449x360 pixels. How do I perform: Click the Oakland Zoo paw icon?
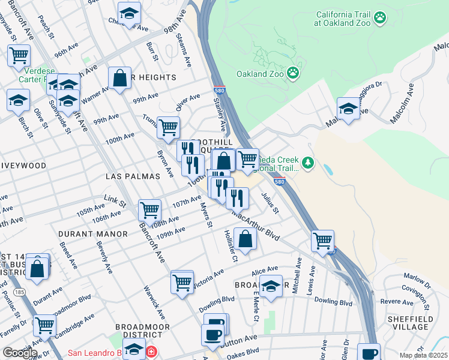293,74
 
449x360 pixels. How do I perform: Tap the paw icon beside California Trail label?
379,19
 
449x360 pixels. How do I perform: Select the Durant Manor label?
93,233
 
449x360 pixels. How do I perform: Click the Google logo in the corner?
20,353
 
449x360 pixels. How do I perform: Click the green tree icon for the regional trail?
308,163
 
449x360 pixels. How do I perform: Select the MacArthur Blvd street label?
256,225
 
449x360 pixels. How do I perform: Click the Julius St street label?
271,202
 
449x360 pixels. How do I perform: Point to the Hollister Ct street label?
231,246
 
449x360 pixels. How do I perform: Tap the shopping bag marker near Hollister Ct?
246,239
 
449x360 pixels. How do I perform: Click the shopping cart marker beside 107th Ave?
149,210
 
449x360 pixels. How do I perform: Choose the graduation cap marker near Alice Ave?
271,286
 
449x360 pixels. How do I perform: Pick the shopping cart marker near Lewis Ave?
323,241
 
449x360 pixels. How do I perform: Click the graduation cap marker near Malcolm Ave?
348,109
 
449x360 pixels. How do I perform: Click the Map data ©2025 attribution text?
423,355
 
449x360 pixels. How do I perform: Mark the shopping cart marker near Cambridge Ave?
44,325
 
